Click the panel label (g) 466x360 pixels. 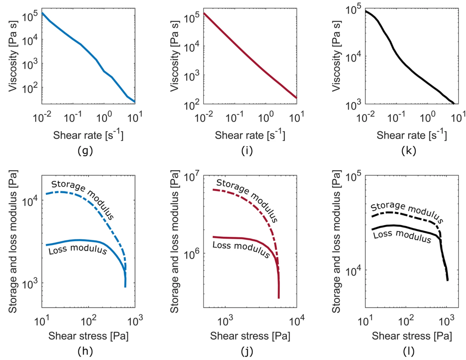[85, 151]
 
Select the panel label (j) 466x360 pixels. [247, 351]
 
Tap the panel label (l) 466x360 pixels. [409, 351]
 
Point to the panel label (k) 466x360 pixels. [408, 151]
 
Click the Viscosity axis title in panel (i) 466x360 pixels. [175, 56]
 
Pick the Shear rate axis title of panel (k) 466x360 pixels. [412, 135]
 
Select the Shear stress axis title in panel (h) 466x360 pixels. [88, 336]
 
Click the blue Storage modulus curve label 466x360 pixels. [82, 199]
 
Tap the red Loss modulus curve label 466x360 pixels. [241, 249]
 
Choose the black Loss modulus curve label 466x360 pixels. [402, 236]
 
